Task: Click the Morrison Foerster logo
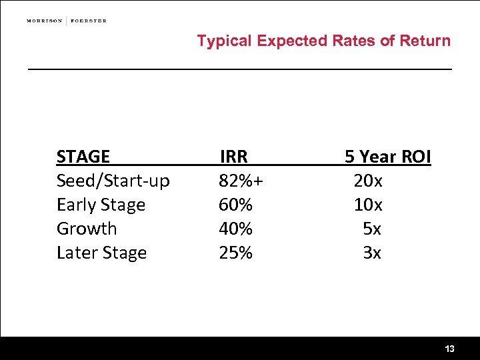click(67, 21)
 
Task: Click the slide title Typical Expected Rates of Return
click(323, 41)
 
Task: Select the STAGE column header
click(83, 157)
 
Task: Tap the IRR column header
click(233, 157)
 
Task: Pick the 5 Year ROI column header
click(387, 157)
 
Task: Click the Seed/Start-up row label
click(113, 181)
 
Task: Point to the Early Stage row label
click(101, 205)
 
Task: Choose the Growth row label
click(87, 229)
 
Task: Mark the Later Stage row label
click(101, 253)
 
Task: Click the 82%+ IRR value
click(241, 181)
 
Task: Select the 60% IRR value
click(235, 205)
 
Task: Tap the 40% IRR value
click(235, 229)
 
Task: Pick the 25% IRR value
click(235, 253)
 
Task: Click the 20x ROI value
click(368, 181)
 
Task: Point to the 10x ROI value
click(368, 205)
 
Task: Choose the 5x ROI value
click(372, 229)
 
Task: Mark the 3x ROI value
click(372, 253)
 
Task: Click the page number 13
click(449, 349)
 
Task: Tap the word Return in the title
click(425, 41)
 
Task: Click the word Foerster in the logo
click(89, 21)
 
